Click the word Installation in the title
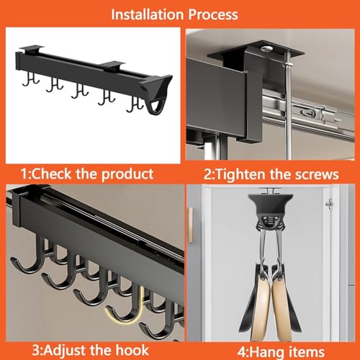pyautogui.click(x=148, y=14)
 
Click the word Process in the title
pyautogui.click(x=213, y=15)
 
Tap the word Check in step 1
pyautogui.click(x=52, y=174)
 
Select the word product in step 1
pyautogui.click(x=127, y=174)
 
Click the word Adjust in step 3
pyautogui.click(x=67, y=351)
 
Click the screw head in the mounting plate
pyautogui.click(x=267, y=49)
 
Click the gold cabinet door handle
pyautogui.click(x=191, y=225)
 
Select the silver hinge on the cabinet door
pyautogui.click(x=330, y=204)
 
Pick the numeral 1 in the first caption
pyautogui.click(x=24, y=174)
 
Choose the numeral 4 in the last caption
pyautogui.click(x=241, y=352)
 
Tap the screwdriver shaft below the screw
pyautogui.click(x=289, y=110)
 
